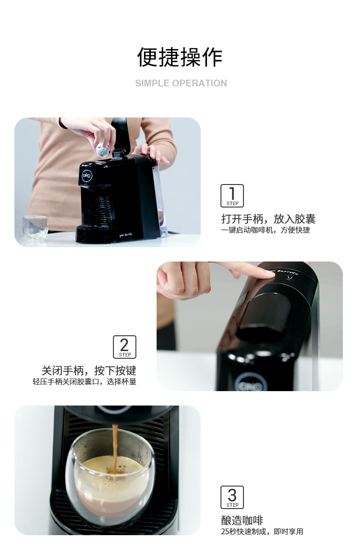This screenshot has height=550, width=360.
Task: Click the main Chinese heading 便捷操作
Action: pos(180,57)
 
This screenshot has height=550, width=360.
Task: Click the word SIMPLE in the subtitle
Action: pos(151,83)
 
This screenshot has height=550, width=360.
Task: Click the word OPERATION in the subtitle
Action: pos(199,83)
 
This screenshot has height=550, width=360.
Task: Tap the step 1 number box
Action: pos(232,196)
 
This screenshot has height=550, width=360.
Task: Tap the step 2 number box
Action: pos(125,347)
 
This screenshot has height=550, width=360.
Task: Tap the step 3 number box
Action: pos(232,497)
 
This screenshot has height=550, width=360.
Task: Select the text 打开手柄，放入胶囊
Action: pos(268,219)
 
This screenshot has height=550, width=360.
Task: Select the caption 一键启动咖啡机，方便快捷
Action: pos(265,230)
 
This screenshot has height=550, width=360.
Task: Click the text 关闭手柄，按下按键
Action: pos(89,371)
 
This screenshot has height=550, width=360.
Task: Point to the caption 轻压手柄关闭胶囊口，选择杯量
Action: pos(84,382)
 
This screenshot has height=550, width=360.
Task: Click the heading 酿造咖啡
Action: pos(242,521)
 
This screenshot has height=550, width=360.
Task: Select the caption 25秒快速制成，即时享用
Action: pos(262,532)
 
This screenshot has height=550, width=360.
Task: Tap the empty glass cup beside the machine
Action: pos(35,227)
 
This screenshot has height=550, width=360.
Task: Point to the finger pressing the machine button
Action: pos(252,271)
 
